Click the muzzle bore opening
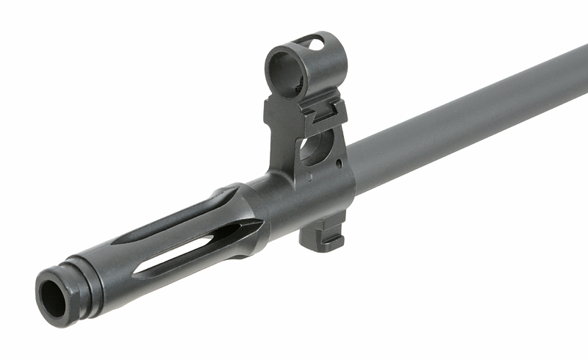(x=53, y=295)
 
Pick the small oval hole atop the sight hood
(x=315, y=44)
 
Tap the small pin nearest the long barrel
(x=338, y=162)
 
